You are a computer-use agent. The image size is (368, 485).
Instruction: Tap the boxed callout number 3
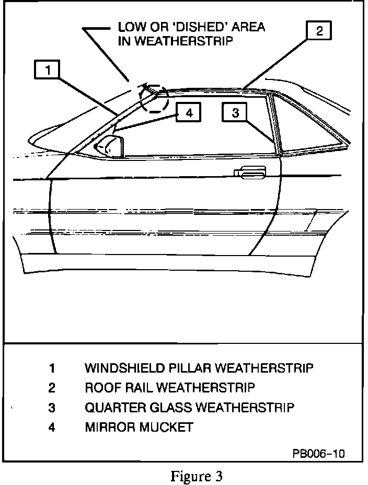235,112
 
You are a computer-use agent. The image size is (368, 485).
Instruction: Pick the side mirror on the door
111,146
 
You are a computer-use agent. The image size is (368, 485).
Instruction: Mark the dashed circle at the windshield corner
155,98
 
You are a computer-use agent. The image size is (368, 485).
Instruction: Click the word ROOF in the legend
100,388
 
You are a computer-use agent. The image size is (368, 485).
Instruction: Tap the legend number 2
52,388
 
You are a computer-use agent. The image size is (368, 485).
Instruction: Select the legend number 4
52,427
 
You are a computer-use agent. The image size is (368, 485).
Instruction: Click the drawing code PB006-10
318,453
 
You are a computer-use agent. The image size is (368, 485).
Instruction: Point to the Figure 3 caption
197,476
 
